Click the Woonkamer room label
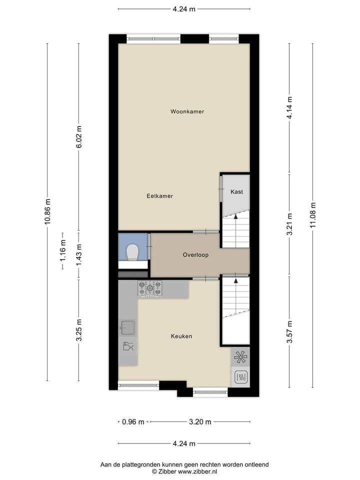coord(187,111)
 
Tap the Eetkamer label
coord(159,196)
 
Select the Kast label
coord(236,192)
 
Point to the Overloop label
coord(195,254)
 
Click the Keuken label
coord(181,336)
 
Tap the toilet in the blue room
coord(133,252)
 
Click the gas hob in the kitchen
coord(149,288)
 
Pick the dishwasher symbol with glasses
coord(127,346)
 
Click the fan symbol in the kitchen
coord(240,357)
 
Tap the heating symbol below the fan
coord(240,377)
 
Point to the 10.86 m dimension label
coord(47,211)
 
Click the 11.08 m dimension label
coord(312,215)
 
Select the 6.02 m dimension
coord(78,136)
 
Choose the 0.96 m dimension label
coord(133,422)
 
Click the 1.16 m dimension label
coord(63,250)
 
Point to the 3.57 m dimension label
coord(289,332)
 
